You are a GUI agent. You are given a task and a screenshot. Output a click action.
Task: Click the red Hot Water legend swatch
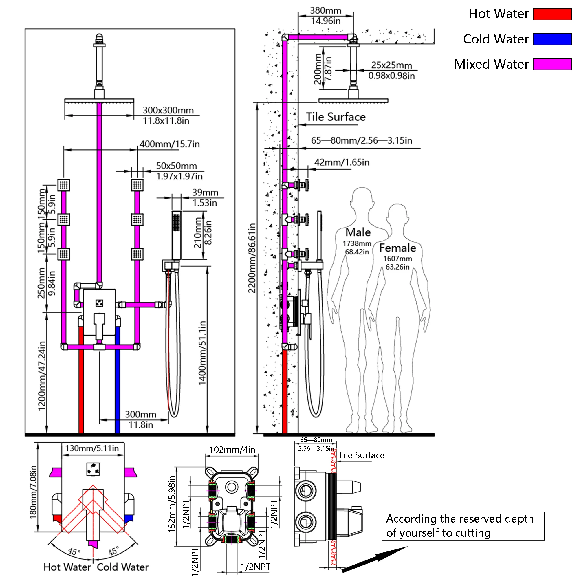click(552, 14)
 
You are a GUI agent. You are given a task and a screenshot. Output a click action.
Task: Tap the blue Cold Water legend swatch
click(552, 39)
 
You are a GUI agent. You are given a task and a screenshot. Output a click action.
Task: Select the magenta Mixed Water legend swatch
click(552, 65)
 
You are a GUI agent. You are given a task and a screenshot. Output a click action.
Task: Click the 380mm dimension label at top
click(325, 10)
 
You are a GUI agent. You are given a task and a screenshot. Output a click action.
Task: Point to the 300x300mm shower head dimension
click(168, 110)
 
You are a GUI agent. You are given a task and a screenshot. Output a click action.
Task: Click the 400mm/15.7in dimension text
click(170, 144)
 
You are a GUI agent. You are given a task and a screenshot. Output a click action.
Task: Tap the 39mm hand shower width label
click(205, 193)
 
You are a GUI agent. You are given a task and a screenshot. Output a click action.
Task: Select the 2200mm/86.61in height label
click(252, 258)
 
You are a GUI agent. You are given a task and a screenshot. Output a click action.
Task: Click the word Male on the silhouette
click(358, 232)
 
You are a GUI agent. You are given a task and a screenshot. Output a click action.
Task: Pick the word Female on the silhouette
click(398, 248)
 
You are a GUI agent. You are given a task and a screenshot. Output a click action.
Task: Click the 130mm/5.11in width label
click(92, 448)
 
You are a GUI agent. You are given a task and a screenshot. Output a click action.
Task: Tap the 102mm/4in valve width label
click(232, 450)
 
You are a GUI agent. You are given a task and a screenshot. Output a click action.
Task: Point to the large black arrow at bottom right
click(375, 559)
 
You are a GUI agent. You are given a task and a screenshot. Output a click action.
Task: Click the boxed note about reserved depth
click(463, 526)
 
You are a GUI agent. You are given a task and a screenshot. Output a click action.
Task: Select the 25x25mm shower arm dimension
click(392, 65)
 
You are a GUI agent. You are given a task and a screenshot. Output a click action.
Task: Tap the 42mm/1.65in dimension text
click(342, 162)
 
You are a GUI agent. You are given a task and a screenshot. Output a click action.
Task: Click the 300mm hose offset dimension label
click(141, 415)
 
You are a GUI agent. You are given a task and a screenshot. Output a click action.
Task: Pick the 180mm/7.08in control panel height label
click(33, 492)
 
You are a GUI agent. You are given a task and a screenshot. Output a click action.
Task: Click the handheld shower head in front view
click(177, 236)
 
